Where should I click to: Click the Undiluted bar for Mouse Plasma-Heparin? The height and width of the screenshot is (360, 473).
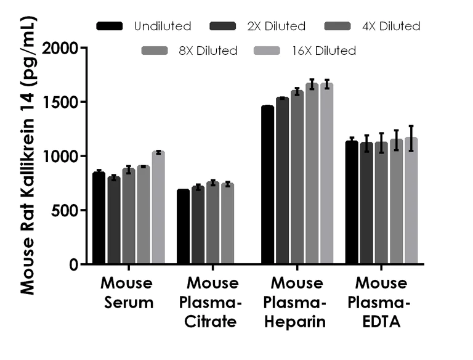[x=267, y=185]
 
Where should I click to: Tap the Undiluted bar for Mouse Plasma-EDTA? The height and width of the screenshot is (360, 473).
[x=352, y=203]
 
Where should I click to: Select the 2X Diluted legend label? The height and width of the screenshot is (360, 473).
[x=276, y=26]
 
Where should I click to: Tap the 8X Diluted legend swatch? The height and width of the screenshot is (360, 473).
[x=156, y=51]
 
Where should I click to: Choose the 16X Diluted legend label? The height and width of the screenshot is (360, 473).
[x=324, y=51]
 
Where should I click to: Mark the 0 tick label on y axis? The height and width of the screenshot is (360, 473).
[x=75, y=264]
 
